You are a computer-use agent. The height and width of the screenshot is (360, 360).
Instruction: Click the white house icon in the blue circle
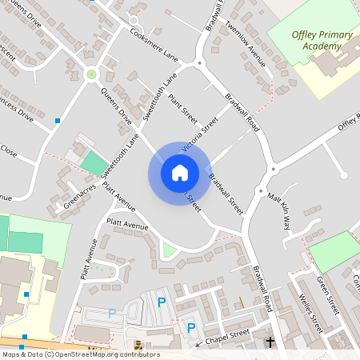click(179, 172)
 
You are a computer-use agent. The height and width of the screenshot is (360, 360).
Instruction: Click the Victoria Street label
click(200, 134)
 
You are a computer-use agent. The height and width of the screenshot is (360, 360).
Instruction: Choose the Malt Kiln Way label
click(280, 210)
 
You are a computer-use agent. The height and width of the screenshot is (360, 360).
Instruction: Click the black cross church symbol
click(270, 342)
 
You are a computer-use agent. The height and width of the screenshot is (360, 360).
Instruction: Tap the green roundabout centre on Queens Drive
click(91, 74)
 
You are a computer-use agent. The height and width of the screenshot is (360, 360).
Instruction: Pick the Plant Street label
click(182, 110)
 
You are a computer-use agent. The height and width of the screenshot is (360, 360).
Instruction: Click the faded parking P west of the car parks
click(111, 314)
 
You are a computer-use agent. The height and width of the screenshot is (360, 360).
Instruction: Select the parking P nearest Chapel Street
click(190, 326)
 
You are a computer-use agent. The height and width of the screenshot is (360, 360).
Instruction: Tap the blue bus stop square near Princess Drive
click(57, 121)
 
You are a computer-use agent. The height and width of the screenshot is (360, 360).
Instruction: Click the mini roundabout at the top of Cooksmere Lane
click(134, 20)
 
